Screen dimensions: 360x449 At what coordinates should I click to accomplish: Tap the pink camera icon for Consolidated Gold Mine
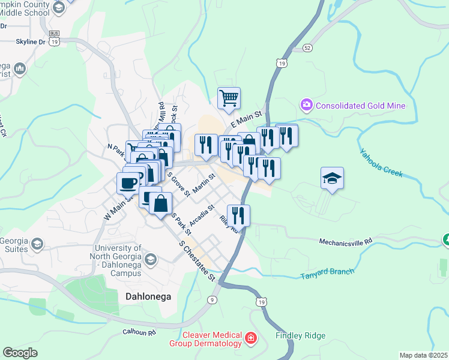click(307, 106)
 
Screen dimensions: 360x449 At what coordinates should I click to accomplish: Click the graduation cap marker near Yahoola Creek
click(332, 178)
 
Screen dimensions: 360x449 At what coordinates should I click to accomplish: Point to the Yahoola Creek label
click(381, 163)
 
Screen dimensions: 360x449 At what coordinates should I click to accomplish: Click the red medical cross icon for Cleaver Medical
click(251, 340)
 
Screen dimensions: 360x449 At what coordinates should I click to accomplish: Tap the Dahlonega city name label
click(148, 296)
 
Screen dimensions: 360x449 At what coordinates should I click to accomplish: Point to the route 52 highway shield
click(308, 47)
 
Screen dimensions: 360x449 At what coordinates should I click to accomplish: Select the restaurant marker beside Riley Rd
click(238, 215)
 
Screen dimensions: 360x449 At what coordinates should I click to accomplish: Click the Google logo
click(20, 352)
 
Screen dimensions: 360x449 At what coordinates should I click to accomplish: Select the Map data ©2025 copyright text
click(423, 355)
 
